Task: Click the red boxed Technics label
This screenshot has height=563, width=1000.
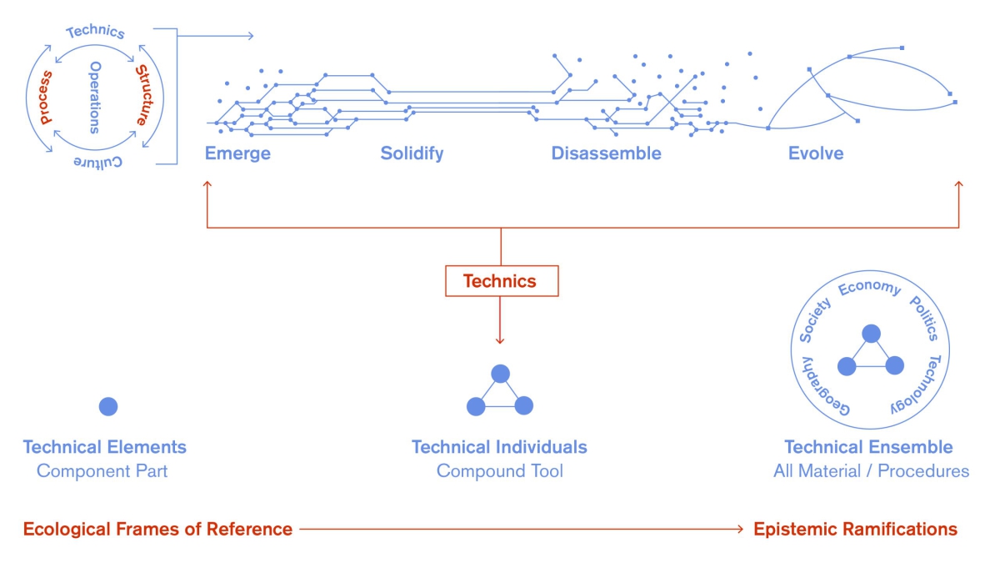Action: pyautogui.click(x=501, y=281)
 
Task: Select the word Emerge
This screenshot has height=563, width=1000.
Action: pyautogui.click(x=237, y=153)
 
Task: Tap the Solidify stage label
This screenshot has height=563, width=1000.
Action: pyautogui.click(x=412, y=153)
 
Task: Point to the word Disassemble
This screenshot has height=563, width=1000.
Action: pyautogui.click(x=606, y=153)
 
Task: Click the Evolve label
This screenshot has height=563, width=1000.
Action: pyautogui.click(x=816, y=153)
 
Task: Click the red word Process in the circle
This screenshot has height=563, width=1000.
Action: pyautogui.click(x=47, y=98)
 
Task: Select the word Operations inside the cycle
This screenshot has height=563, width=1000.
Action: pyautogui.click(x=95, y=97)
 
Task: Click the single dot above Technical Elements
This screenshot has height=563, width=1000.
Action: pyautogui.click(x=108, y=406)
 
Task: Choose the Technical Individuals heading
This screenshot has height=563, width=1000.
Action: pyautogui.click(x=499, y=447)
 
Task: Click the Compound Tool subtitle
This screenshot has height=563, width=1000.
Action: pyautogui.click(x=499, y=471)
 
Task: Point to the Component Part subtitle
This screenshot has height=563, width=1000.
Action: pyautogui.click(x=102, y=471)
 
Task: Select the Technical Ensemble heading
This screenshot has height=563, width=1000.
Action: pyautogui.click(x=868, y=447)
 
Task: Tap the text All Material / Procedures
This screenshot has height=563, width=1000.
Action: pyautogui.click(x=871, y=471)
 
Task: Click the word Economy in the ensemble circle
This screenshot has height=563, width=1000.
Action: pyautogui.click(x=869, y=288)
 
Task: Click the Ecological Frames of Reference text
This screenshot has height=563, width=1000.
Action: pyautogui.click(x=157, y=529)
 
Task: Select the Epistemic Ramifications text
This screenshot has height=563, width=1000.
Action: pyautogui.click(x=855, y=529)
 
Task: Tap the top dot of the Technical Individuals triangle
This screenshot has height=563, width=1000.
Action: pyautogui.click(x=500, y=374)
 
